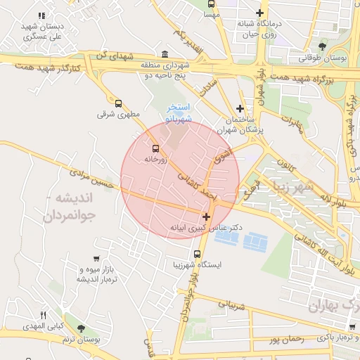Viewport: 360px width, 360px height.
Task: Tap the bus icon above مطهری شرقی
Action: pyautogui.click(x=117, y=103)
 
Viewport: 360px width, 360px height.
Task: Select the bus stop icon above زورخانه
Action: pyautogui.click(x=155, y=148)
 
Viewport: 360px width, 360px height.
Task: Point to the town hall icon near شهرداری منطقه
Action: pyautogui.click(x=165, y=55)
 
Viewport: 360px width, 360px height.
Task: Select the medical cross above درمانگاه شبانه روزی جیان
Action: pyautogui.click(x=260, y=13)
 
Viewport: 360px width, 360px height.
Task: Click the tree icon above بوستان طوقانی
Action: pyautogui.click(x=323, y=46)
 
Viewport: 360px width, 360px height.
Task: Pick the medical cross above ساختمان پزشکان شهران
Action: pyautogui.click(x=240, y=108)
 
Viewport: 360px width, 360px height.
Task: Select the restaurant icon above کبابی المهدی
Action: pyautogui.click(x=43, y=316)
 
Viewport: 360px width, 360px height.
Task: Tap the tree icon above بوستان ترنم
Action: pyautogui.click(x=82, y=328)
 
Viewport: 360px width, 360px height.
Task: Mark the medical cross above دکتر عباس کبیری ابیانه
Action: pyautogui.click(x=205, y=217)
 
